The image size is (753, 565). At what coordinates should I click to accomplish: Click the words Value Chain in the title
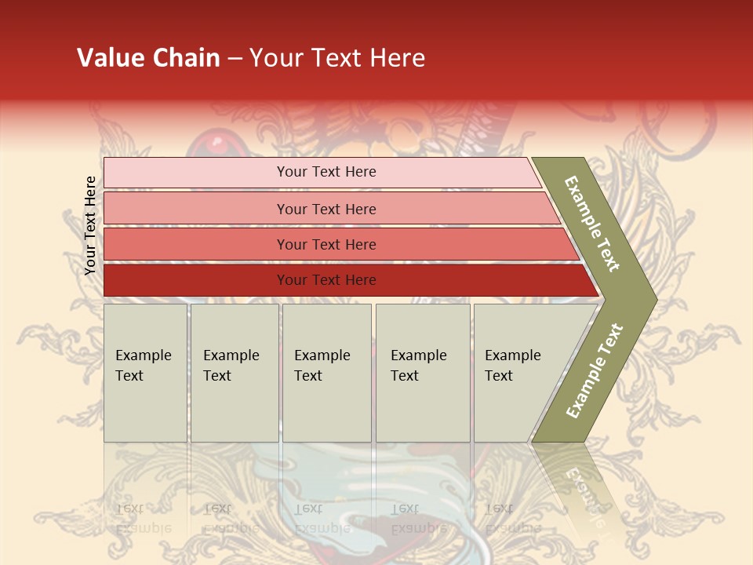pyautogui.click(x=148, y=58)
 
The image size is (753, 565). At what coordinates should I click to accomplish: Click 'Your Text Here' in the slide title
pyautogui.click(x=337, y=58)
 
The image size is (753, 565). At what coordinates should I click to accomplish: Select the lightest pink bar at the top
pyautogui.click(x=196, y=172)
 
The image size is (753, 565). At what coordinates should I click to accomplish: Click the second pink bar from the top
pyautogui.click(x=196, y=209)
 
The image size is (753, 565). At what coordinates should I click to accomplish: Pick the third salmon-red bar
pyautogui.click(x=196, y=244)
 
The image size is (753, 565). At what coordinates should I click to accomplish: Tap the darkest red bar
pyautogui.click(x=196, y=280)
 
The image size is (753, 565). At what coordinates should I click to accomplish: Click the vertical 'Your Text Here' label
pyautogui.click(x=90, y=226)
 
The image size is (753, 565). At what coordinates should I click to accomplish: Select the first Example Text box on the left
pyautogui.click(x=145, y=373)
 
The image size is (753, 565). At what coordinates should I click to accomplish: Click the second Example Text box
pyautogui.click(x=235, y=373)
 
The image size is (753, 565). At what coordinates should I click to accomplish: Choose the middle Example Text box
pyautogui.click(x=326, y=373)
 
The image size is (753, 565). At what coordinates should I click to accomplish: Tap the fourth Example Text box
pyautogui.click(x=423, y=373)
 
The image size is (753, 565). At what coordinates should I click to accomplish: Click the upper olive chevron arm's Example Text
pyautogui.click(x=593, y=224)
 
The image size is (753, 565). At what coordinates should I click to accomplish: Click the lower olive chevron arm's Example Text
pyautogui.click(x=595, y=370)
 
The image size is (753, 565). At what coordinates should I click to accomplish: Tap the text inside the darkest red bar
pyautogui.click(x=326, y=280)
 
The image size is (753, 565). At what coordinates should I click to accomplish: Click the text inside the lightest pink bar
pyautogui.click(x=326, y=172)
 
